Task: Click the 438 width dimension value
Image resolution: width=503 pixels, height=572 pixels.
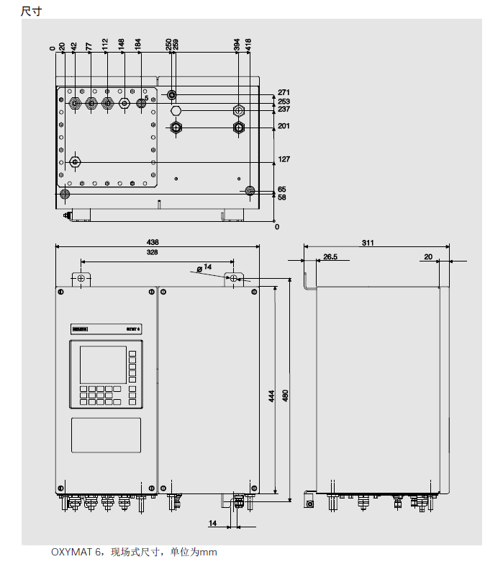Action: [x=153, y=242]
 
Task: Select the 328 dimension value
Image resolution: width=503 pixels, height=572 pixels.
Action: [x=153, y=253]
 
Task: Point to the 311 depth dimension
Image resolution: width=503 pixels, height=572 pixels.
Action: [x=368, y=243]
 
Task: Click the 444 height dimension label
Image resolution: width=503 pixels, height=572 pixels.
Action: [x=271, y=396]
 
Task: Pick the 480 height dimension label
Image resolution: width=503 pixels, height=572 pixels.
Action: [x=285, y=396]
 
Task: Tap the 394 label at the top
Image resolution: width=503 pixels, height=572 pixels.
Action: [x=237, y=45]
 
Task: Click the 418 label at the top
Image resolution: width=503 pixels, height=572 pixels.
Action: [x=249, y=45]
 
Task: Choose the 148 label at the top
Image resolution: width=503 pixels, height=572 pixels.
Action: [x=122, y=45]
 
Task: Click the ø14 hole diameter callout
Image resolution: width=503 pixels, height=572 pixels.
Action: [x=205, y=267]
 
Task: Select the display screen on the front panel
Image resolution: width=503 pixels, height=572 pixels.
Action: [x=102, y=365]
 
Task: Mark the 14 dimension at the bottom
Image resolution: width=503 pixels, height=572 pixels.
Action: [x=213, y=522]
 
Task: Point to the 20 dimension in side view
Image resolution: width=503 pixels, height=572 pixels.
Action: [x=428, y=256]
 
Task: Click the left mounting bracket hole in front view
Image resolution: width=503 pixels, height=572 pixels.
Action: [x=81, y=278]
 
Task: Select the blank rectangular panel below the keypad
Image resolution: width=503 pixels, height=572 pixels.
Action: [x=106, y=436]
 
